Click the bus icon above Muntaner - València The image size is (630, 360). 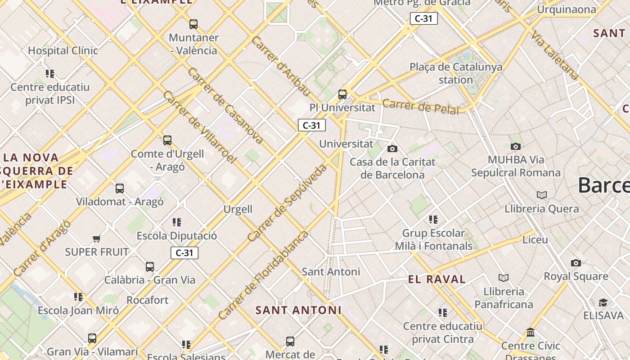pos(193,24)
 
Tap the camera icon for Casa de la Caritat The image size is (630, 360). pos(392,148)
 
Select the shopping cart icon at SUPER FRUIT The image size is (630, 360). pos(96,238)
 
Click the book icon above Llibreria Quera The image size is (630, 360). pos(542,195)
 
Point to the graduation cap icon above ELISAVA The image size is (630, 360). pos(603,302)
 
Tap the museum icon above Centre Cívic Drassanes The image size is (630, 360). pos(531,333)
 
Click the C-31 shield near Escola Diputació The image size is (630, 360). pos(184,253)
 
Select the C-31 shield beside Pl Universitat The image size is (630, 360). pos(311,125)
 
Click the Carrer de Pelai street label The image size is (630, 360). pos(420,107)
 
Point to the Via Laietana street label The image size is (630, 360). pos(554,55)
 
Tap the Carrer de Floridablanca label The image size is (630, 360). pos(264,275)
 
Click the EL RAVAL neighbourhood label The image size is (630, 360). pos(437,279)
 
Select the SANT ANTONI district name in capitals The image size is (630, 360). pos(298,310)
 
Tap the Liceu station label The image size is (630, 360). pos(535,239)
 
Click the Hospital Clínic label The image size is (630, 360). pos(63,50)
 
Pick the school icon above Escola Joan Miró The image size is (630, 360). pos(78,297)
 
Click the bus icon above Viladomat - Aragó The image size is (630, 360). pos(120,189)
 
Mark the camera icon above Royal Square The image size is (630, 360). pos(576,263)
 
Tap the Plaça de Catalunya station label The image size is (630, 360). pos(456,73)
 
